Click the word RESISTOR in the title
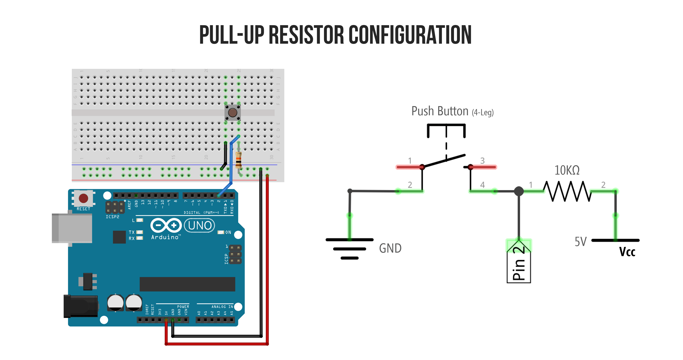pos(306,35)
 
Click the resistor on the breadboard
pos(239,160)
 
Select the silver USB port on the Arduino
pos(72,228)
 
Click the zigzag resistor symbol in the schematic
pos(567,191)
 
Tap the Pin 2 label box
pos(519,264)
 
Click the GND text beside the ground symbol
pos(390,248)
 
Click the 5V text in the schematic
pos(580,242)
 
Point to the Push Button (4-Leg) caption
pos(452,111)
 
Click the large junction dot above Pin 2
pos(519,191)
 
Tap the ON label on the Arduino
pos(228,232)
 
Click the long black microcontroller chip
pos(187,284)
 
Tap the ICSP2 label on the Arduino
pos(112,217)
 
